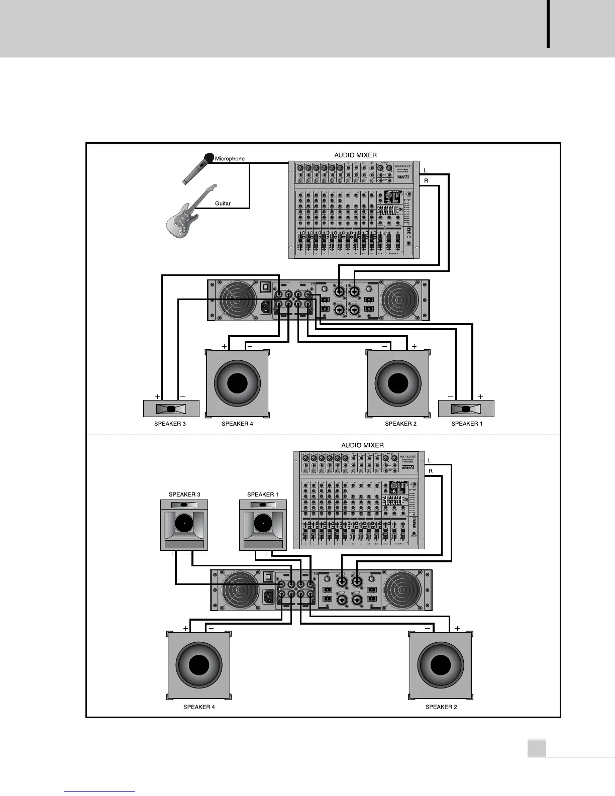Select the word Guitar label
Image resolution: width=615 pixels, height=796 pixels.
coord(223,204)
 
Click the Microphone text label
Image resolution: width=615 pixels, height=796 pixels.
coord(230,159)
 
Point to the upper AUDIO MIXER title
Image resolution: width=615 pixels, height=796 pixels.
coord(355,155)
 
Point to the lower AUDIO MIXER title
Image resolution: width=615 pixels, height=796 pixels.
coord(362,445)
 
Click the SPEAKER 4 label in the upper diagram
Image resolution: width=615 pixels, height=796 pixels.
coord(237,424)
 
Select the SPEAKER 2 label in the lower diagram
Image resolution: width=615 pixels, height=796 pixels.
coord(441,707)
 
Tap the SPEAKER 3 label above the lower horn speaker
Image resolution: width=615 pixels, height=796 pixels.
coord(184,494)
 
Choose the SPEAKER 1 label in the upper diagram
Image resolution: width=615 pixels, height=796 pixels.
coord(467,424)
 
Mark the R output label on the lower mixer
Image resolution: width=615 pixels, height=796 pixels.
coord(431,471)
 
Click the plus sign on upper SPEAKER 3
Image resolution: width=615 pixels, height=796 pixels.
coord(157,396)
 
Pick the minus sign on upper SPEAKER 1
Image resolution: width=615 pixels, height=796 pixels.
coord(450,396)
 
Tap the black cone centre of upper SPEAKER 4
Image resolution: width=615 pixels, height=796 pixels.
coord(237,383)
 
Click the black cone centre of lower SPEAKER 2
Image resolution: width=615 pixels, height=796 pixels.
coord(441,665)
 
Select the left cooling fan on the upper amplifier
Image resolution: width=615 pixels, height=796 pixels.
coord(237,301)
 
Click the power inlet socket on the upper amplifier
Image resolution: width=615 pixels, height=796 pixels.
coord(266,306)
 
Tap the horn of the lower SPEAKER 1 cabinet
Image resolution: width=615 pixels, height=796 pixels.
coord(262,525)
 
